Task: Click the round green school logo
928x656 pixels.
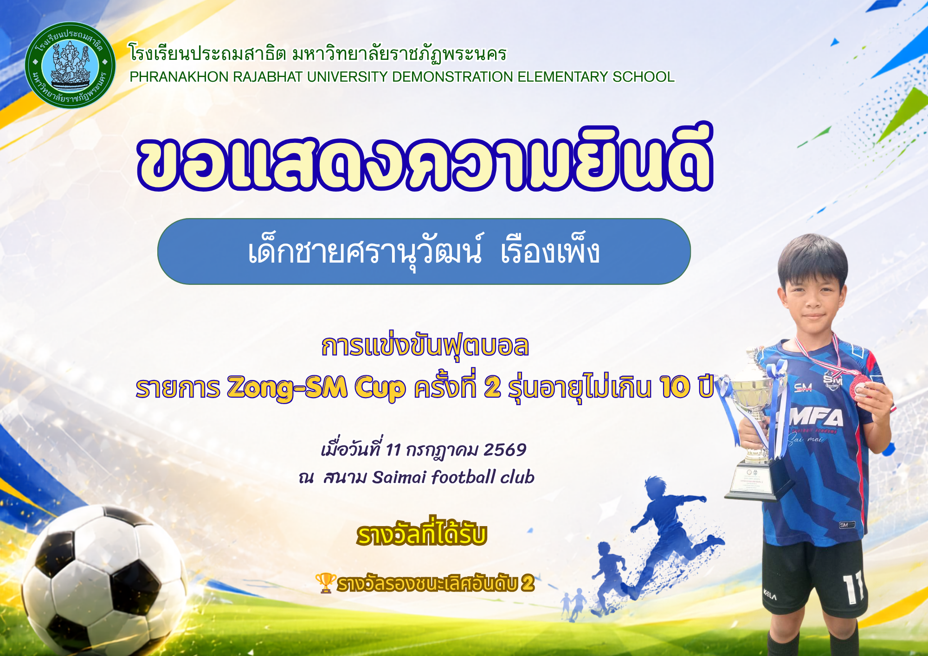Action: pyautogui.click(x=70, y=65)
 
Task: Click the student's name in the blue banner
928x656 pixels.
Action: pyautogui.click(x=424, y=252)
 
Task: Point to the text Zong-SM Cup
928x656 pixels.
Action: pyautogui.click(x=316, y=387)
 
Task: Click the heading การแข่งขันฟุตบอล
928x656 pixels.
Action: pyautogui.click(x=425, y=346)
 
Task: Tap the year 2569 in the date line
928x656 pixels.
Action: pyautogui.click(x=505, y=450)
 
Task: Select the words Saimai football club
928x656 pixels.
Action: pyautogui.click(x=453, y=477)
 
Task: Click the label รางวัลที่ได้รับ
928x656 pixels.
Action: pyautogui.click(x=422, y=534)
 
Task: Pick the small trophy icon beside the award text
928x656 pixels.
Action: pyautogui.click(x=326, y=583)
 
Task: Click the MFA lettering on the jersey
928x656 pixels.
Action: pyautogui.click(x=817, y=418)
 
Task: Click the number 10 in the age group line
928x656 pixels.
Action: pyautogui.click(x=676, y=387)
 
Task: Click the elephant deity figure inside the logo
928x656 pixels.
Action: pyautogui.click(x=70, y=64)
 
